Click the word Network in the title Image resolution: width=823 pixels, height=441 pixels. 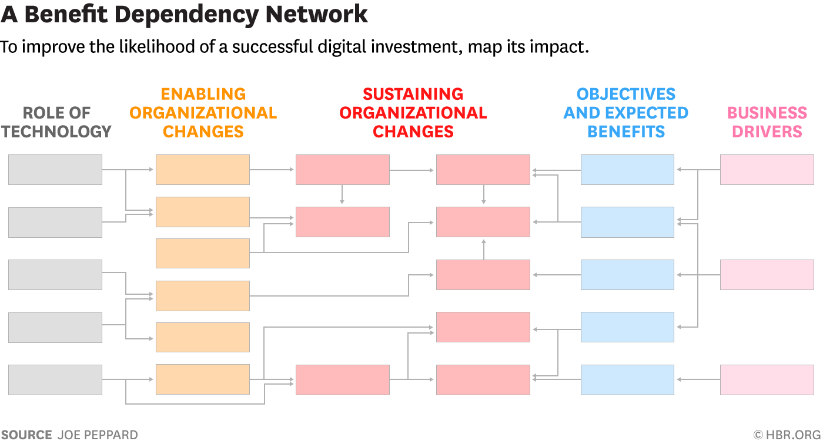click(x=316, y=14)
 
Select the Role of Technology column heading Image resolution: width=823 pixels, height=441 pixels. click(x=56, y=122)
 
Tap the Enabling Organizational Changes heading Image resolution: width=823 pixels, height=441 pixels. click(x=203, y=113)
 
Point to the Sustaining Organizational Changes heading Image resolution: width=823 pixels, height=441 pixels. click(x=413, y=113)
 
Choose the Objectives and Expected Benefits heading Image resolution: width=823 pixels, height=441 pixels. click(x=626, y=113)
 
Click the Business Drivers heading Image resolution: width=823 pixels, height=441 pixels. click(x=767, y=122)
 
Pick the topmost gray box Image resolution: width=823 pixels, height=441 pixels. click(x=55, y=170)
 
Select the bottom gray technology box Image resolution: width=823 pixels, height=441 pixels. click(x=55, y=380)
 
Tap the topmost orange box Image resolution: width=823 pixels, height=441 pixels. click(x=203, y=170)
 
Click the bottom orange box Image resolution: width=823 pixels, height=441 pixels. click(x=203, y=379)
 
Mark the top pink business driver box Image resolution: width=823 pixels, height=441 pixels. click(x=767, y=170)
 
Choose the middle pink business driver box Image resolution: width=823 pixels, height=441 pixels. click(x=767, y=275)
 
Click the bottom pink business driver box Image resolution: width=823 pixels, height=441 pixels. click(x=767, y=380)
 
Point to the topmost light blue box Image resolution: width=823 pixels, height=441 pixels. click(x=628, y=170)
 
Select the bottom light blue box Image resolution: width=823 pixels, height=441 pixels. click(x=628, y=380)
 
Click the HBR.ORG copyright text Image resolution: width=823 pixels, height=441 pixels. click(x=787, y=435)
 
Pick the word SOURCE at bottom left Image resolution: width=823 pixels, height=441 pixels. click(x=26, y=435)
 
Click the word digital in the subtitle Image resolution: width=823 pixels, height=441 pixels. click(x=342, y=48)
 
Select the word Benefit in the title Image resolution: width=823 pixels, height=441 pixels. click(x=66, y=14)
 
